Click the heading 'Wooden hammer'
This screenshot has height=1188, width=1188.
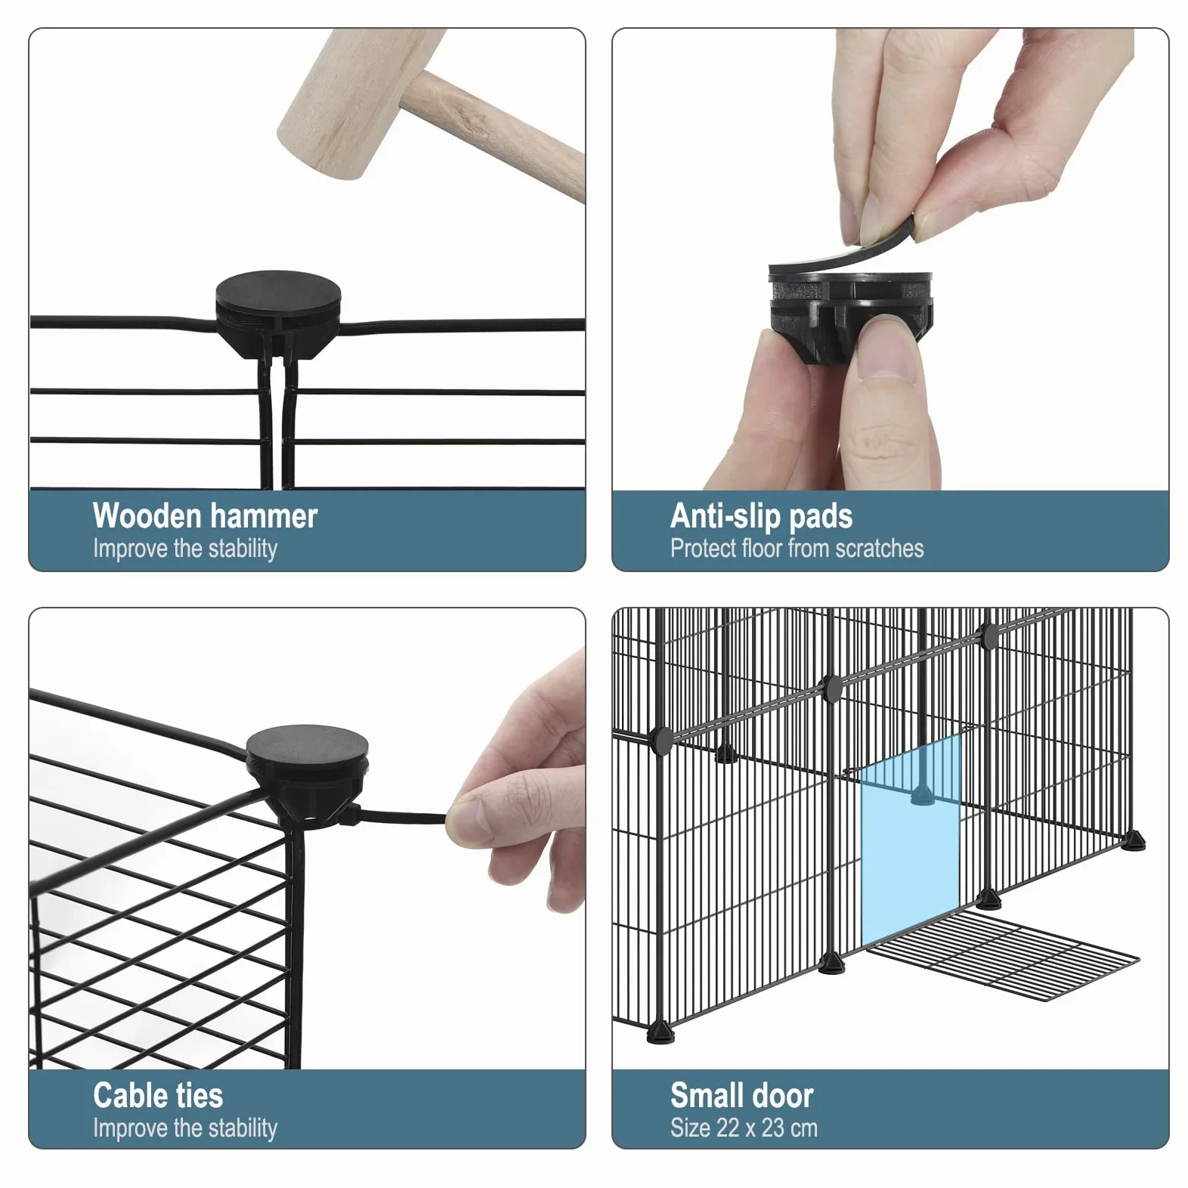(x=205, y=516)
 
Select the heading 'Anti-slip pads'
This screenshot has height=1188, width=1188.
(x=761, y=517)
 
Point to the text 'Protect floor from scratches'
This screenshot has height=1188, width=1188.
(x=797, y=549)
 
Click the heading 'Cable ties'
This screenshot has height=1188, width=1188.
(x=158, y=1095)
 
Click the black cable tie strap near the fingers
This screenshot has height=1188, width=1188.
(x=401, y=817)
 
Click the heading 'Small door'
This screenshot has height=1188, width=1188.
(x=741, y=1095)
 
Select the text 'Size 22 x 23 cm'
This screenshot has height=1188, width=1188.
(x=744, y=1128)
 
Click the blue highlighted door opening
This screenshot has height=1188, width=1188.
(x=911, y=843)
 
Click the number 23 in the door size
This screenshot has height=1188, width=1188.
(x=773, y=1128)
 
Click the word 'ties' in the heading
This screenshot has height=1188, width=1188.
(x=199, y=1095)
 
